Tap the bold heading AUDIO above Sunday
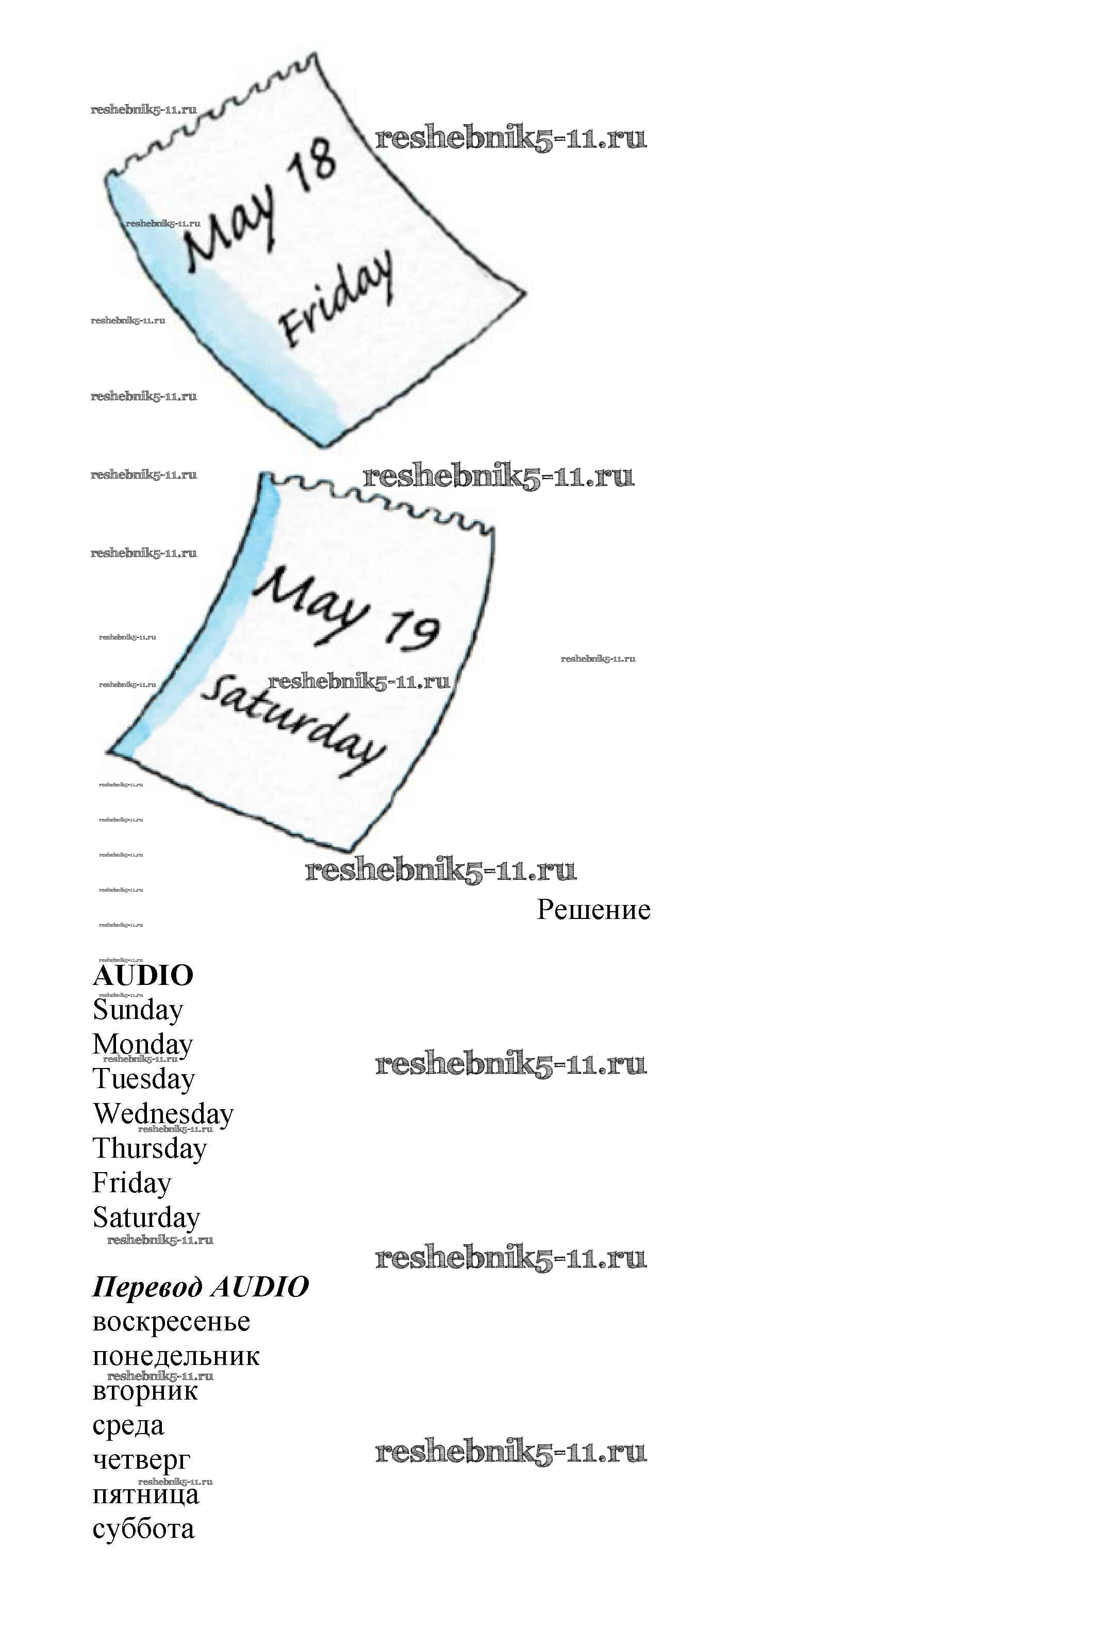143,975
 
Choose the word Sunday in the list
138,1010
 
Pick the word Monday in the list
143,1044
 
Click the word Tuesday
144,1079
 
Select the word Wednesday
163,1113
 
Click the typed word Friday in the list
131,1182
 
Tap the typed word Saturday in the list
146,1218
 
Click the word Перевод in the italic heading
147,1287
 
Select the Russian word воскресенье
171,1322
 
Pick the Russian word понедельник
176,1356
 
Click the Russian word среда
128,1425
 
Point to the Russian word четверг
141,1460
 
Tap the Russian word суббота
143,1529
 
